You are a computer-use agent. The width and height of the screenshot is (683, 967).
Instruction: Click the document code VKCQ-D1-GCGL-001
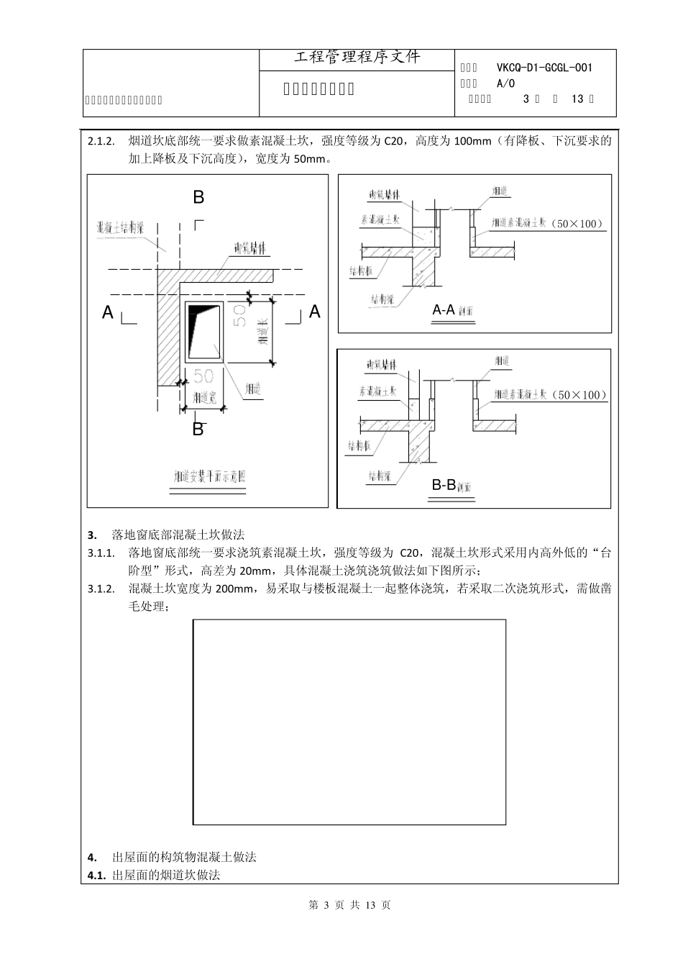click(x=544, y=68)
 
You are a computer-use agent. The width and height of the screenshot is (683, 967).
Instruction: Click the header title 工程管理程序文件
click(x=357, y=58)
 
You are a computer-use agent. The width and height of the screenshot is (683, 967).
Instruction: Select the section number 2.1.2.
click(x=101, y=142)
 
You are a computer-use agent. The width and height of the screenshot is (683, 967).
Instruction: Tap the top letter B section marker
click(x=198, y=197)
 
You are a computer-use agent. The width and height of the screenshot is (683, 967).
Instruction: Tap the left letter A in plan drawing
click(x=108, y=312)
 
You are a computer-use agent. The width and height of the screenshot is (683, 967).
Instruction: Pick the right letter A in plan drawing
click(x=314, y=312)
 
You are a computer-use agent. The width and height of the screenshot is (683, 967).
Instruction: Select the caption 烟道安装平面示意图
click(x=208, y=477)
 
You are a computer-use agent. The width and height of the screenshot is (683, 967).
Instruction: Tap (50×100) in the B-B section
click(x=582, y=395)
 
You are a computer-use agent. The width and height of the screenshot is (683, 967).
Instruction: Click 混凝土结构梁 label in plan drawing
click(x=121, y=228)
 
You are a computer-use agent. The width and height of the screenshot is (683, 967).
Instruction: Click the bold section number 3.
click(x=91, y=535)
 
